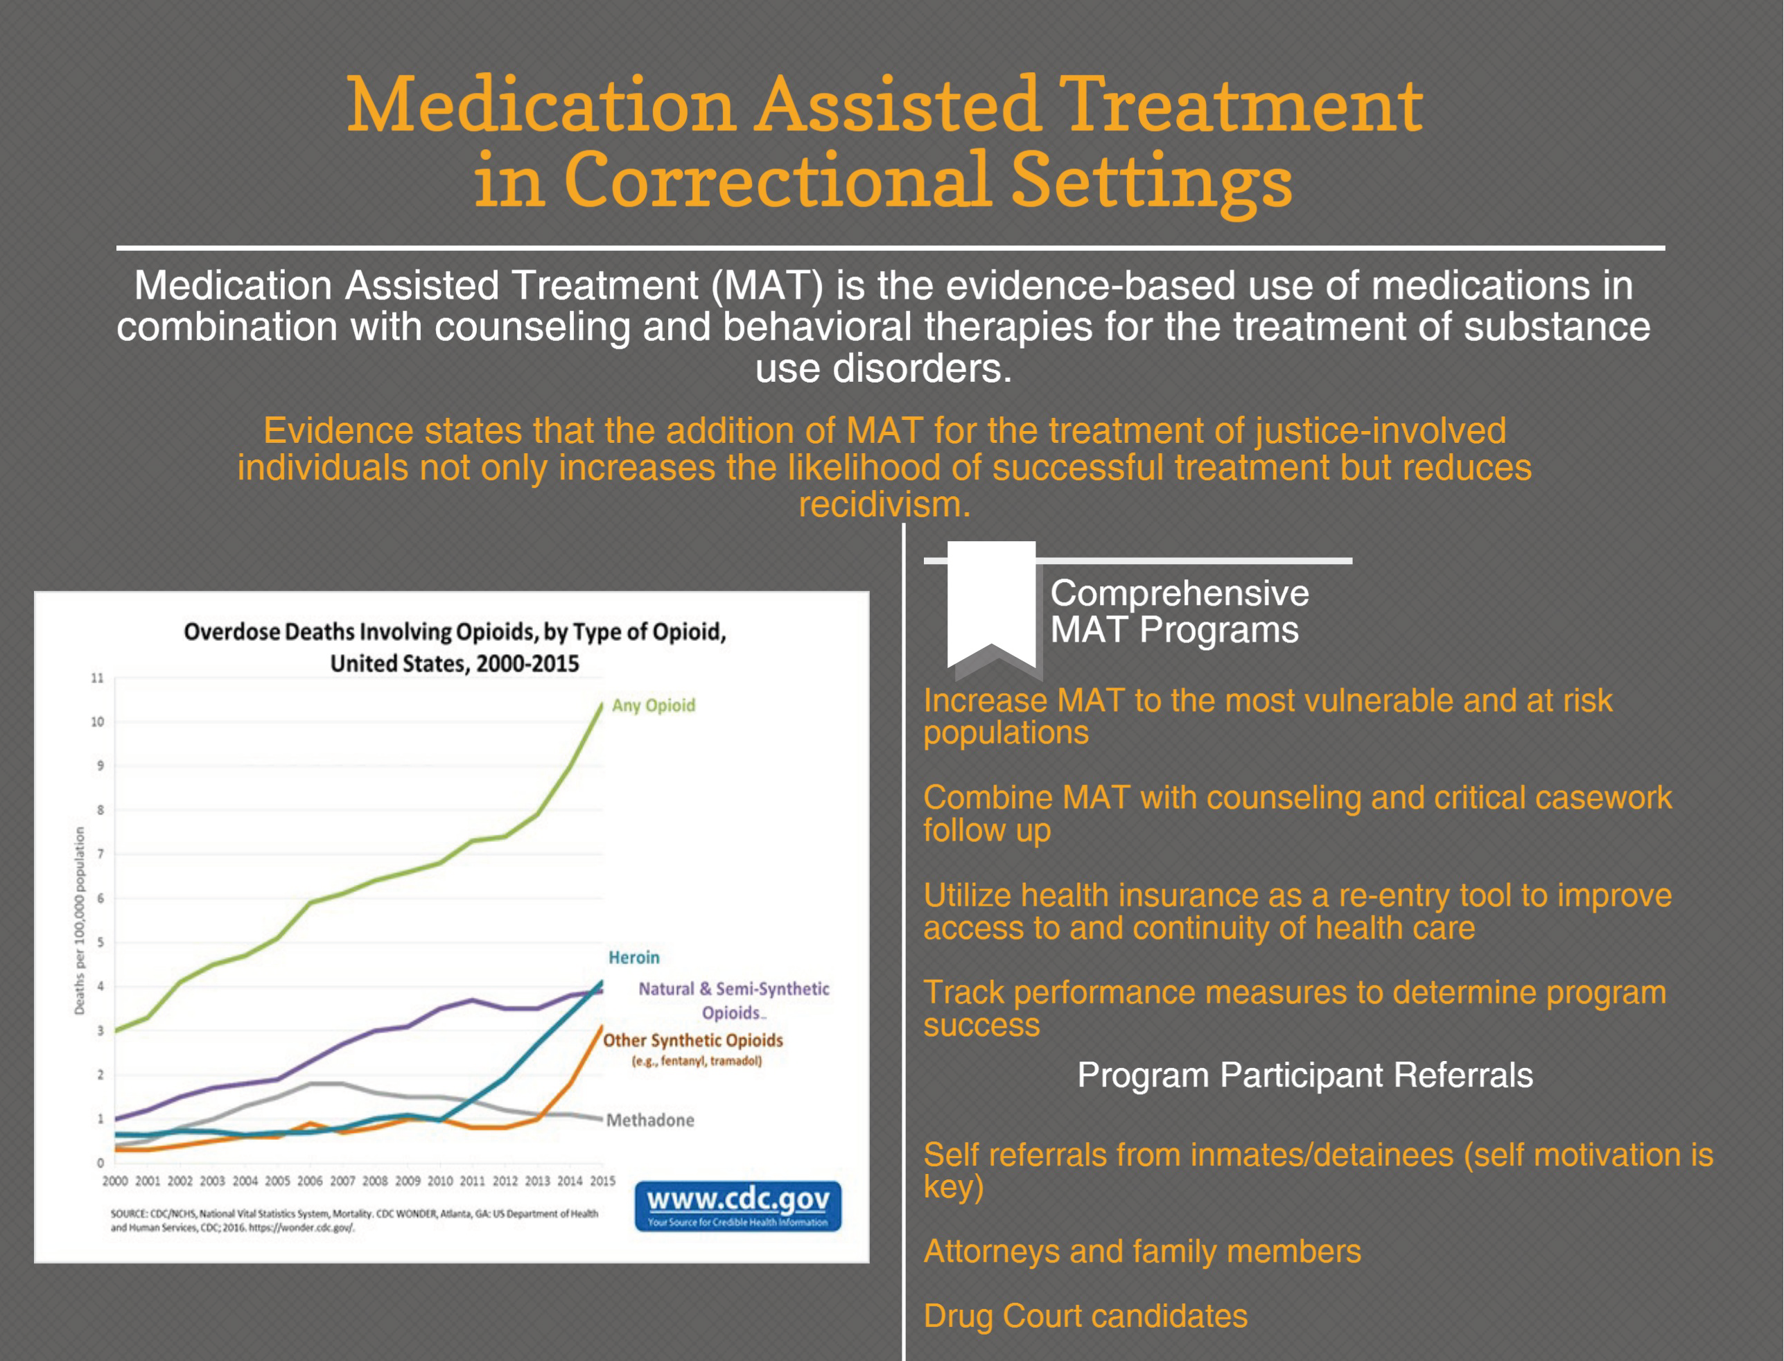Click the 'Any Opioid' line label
653,705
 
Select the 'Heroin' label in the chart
633,958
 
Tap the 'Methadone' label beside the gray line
649,1121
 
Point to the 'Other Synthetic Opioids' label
692,1040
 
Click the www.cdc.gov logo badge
737,1206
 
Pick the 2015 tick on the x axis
602,1181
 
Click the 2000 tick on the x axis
115,1181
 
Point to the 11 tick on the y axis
97,678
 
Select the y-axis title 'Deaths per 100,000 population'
80,920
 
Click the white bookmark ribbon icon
991,604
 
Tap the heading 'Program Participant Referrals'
1304,1075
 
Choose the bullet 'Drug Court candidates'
1085,1317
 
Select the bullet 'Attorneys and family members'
1142,1252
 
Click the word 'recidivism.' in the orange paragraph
884,504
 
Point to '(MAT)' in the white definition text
767,286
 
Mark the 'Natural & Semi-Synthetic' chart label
733,989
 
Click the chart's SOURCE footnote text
354,1220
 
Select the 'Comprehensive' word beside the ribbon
1179,594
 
